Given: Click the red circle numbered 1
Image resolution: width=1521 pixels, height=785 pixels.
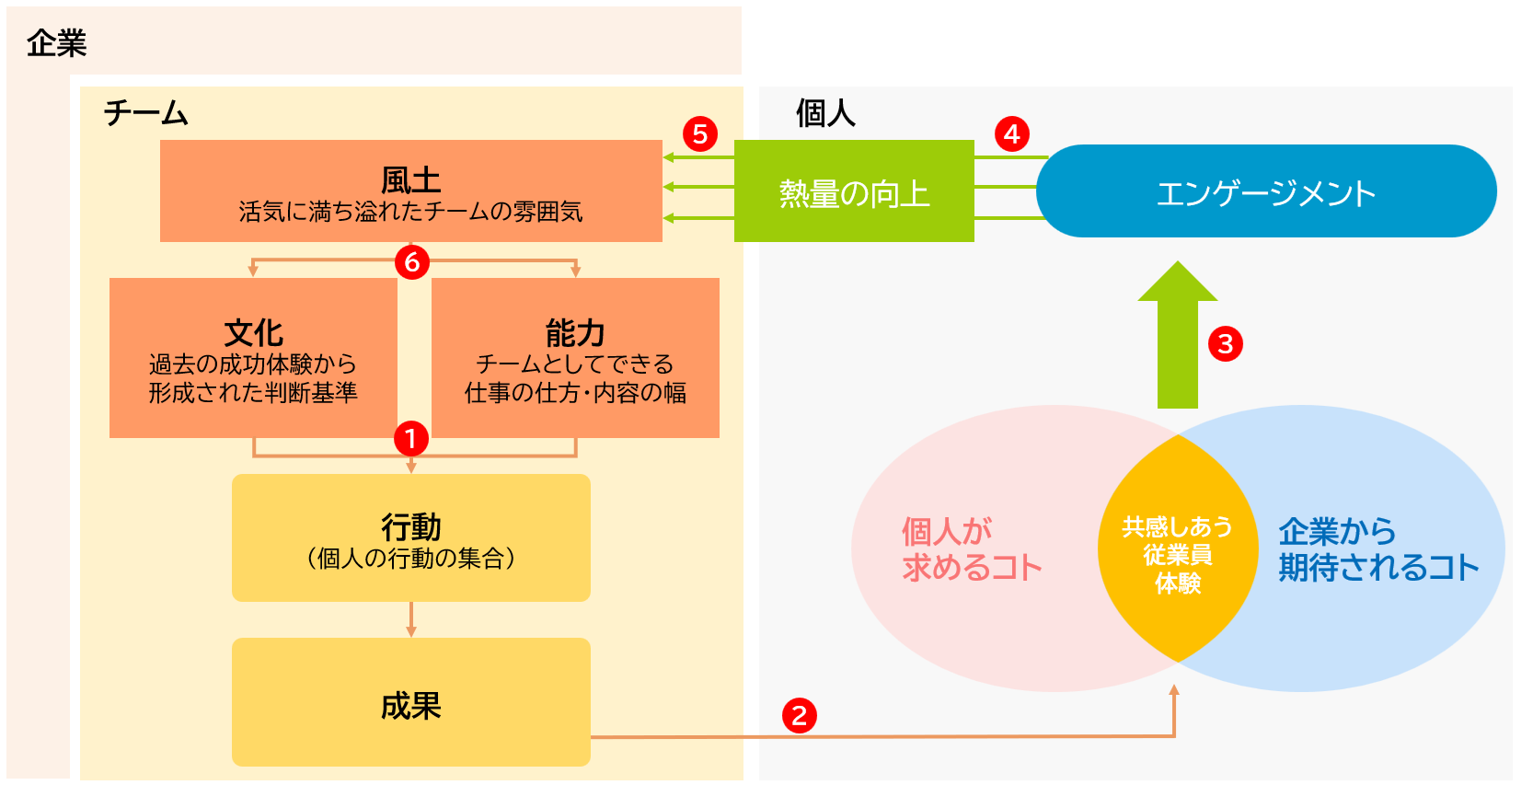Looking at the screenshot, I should tap(411, 438).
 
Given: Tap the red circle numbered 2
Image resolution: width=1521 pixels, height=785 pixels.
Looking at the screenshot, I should tap(799, 715).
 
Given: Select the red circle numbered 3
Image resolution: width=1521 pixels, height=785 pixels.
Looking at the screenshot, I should tap(1225, 344).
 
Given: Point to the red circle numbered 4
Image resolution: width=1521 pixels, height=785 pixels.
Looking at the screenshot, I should tap(1012, 134).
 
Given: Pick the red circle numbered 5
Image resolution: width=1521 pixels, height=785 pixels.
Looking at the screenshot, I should tap(700, 134).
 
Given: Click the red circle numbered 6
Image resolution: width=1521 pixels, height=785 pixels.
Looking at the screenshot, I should tap(412, 262).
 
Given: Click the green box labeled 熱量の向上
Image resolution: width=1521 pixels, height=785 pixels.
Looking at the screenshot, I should tap(854, 191).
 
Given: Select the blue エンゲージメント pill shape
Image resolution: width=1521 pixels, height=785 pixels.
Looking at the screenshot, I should tap(1266, 191).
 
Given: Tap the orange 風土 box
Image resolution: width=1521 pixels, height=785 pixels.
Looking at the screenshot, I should tap(410, 191).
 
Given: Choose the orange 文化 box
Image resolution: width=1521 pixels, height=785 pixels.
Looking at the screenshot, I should tap(253, 358).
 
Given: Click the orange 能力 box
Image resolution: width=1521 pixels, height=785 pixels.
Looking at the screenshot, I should tap(575, 358).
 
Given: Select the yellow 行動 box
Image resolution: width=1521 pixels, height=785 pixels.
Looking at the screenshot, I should tap(410, 537).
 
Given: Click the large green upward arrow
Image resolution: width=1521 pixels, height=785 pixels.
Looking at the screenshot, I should tap(1178, 336).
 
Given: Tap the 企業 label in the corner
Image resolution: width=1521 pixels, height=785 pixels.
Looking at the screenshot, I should tap(56, 43).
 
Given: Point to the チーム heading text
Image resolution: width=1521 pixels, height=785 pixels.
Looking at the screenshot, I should tap(145, 113).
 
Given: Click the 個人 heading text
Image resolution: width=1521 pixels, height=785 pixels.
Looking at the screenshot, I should tap(825, 113).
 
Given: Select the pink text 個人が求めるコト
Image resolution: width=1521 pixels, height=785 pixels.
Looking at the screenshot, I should tap(971, 549).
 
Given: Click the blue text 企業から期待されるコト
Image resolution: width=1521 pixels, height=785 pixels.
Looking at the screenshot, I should tap(1377, 549).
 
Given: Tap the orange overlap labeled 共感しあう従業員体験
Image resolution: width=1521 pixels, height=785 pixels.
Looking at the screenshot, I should tap(1178, 554).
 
